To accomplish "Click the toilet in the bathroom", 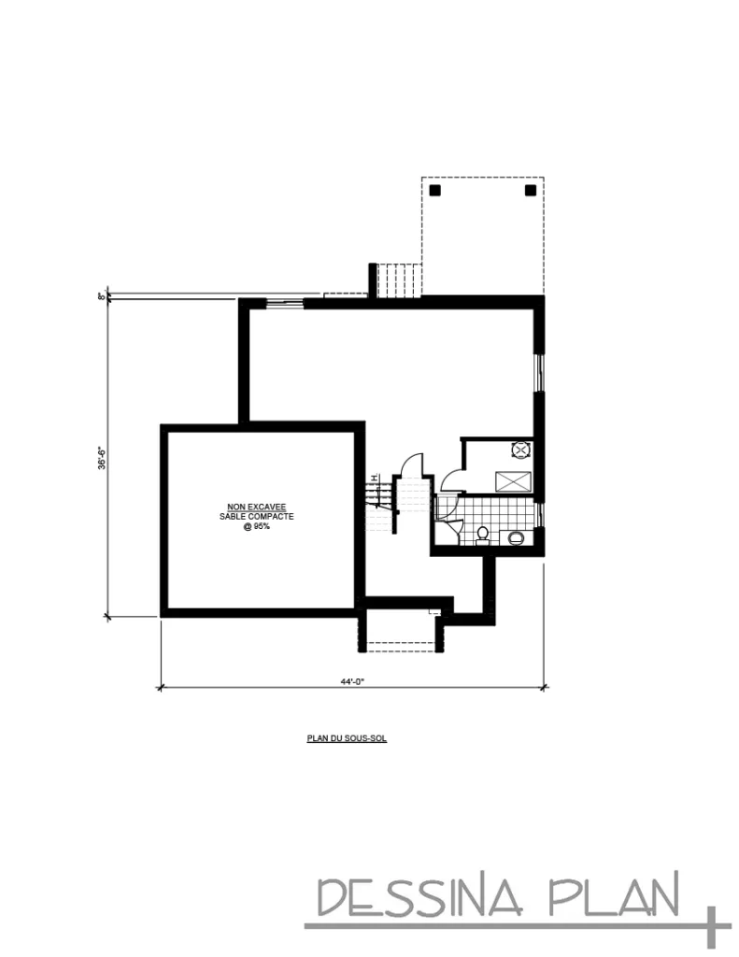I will [482, 536].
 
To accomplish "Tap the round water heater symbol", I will [520, 450].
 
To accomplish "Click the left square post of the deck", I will [435, 190].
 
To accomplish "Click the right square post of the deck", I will [530, 190].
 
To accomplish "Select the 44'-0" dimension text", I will [351, 681].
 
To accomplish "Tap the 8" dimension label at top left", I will [100, 296].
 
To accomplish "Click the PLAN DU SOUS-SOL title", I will [347, 737].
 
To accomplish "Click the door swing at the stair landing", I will [412, 464].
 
